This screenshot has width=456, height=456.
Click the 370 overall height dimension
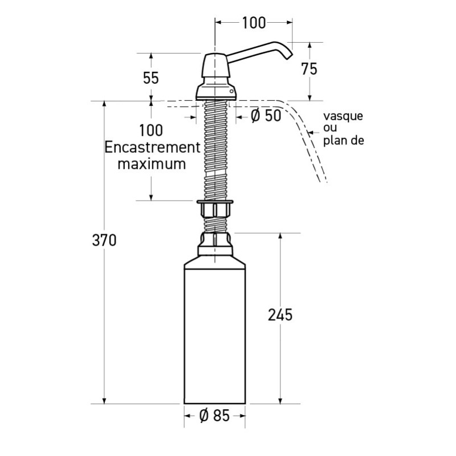point(104,241)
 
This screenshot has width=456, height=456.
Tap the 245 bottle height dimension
point(280,314)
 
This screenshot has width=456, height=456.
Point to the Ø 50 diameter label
point(266,116)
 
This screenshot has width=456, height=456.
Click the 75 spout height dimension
point(309,69)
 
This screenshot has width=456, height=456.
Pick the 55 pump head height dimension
point(151,78)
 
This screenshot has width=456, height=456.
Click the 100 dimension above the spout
point(254,23)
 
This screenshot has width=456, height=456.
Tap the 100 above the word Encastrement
point(150,130)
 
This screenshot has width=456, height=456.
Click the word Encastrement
point(150,147)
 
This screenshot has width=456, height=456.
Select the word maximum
point(151,164)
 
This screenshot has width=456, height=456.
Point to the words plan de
point(343,141)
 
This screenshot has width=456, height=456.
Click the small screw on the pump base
point(231,90)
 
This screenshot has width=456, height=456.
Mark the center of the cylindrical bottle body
point(215,333)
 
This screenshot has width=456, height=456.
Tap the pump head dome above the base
point(215,67)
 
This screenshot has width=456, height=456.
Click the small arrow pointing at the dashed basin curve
point(311,132)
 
